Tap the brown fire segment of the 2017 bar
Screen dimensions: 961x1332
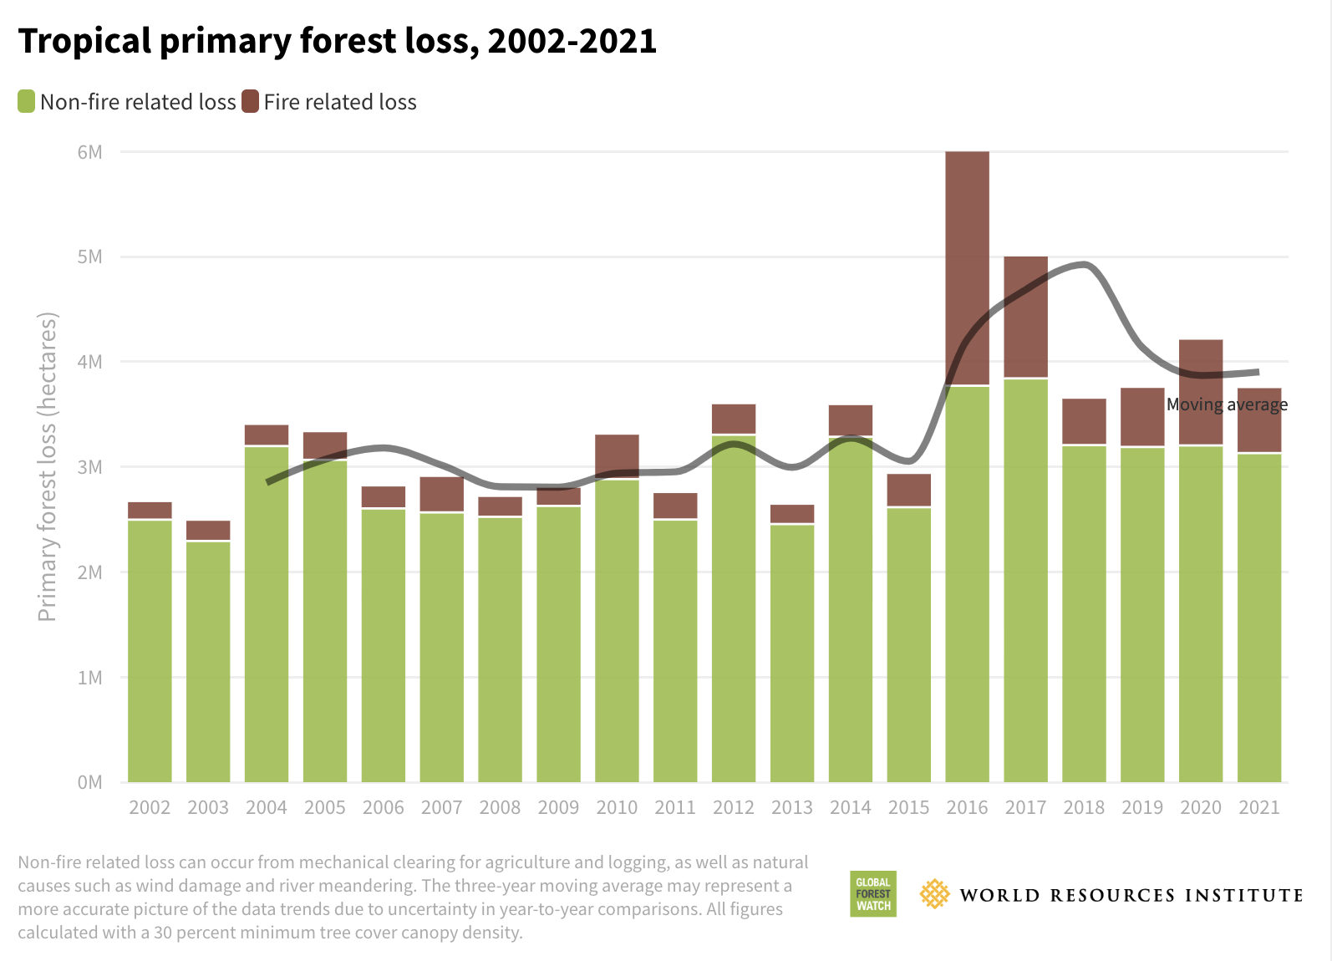click(1025, 318)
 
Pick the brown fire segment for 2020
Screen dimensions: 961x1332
click(1201, 393)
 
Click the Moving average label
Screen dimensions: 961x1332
click(1226, 404)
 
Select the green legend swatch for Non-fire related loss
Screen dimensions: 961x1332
click(27, 102)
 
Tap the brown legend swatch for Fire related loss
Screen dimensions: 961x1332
click(250, 102)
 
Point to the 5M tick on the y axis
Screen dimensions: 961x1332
click(89, 257)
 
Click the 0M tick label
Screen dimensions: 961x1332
click(89, 782)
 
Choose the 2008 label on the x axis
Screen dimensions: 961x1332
click(500, 807)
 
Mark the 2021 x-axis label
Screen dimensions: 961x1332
click(1258, 807)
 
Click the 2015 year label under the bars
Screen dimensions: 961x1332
click(908, 807)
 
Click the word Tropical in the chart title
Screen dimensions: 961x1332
click(84, 41)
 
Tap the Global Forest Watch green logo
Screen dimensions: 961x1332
click(873, 894)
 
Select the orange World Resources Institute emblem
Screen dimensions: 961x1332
click(934, 894)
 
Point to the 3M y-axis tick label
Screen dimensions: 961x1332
click(89, 467)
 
